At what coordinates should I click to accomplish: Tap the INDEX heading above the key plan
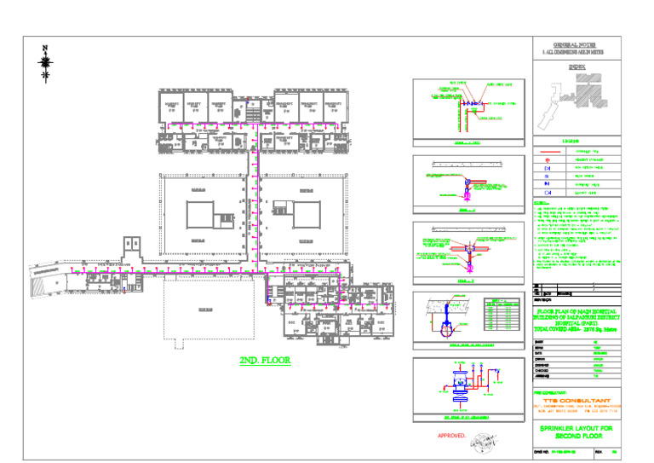click(577, 64)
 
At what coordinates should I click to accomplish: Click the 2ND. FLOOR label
click(265, 361)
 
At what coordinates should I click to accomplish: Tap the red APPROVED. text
click(451, 436)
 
